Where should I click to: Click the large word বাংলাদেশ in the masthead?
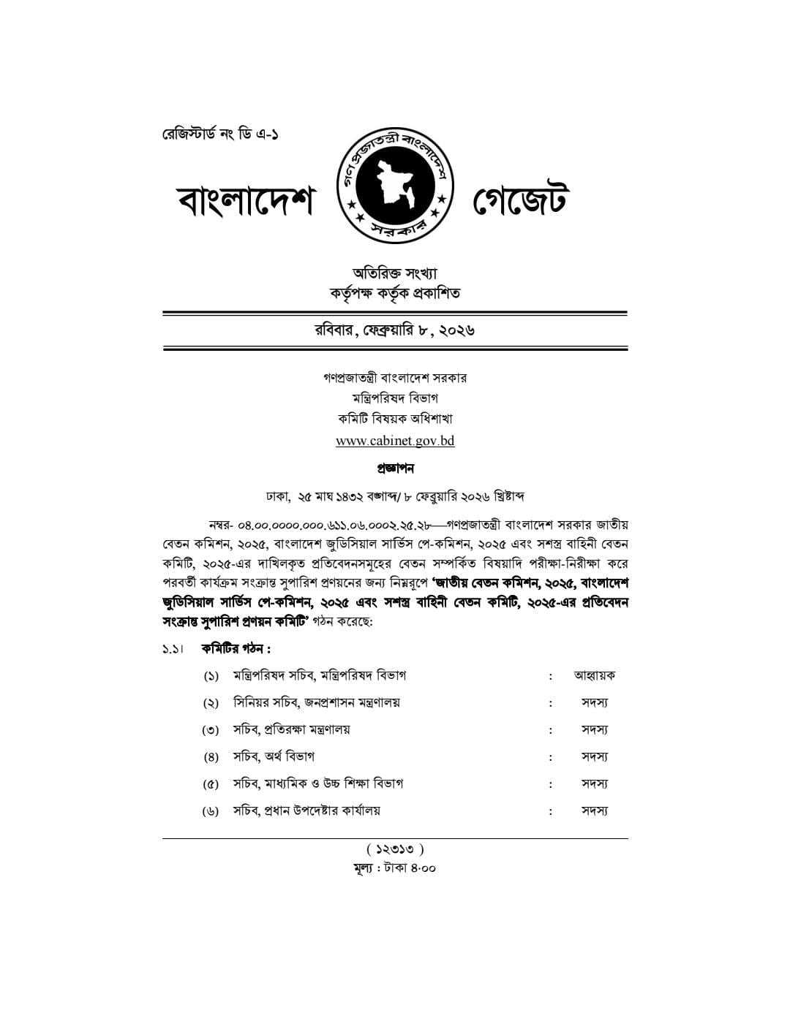[246, 202]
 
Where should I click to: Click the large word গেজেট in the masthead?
[520, 202]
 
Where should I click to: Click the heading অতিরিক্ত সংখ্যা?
[395, 273]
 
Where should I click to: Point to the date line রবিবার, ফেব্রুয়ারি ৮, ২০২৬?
[395, 330]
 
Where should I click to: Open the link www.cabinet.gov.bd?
[395, 441]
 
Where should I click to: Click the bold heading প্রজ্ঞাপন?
[395, 468]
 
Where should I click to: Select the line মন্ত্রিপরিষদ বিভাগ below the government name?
[395, 398]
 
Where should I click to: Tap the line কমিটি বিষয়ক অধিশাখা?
[395, 419]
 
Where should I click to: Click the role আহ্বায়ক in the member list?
[594, 675]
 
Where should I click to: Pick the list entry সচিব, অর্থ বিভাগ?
[274, 756]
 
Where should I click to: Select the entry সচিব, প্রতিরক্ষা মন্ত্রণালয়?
[291, 729]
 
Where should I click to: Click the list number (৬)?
[211, 811]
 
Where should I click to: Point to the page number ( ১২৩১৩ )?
[395, 849]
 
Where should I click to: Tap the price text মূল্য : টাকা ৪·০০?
[395, 868]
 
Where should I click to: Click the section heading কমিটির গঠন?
[236, 648]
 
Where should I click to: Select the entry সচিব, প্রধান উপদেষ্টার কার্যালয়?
[306, 811]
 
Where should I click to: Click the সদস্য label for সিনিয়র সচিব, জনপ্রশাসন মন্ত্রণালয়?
[594, 702]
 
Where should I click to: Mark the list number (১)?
[211, 676]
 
